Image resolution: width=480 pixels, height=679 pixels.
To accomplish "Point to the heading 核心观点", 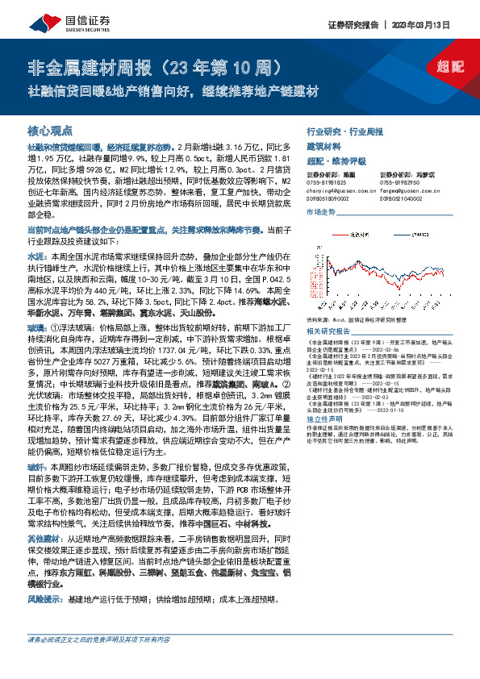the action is coord(50,130).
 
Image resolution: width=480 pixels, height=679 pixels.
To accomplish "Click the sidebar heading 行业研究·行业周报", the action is coord(345,130).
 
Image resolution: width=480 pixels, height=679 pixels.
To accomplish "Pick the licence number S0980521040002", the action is coord(403,198).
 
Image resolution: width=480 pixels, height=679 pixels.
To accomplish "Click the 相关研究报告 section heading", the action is coord(329,309).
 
